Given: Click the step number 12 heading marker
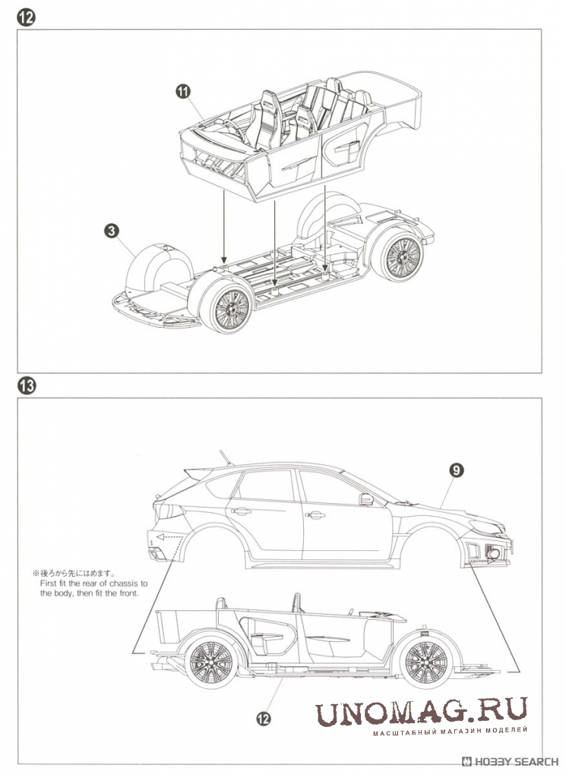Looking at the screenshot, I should point(26,17).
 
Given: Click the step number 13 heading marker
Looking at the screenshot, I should point(26,385).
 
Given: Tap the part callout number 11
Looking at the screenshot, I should point(182,92).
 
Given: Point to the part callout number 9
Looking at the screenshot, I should point(455,471).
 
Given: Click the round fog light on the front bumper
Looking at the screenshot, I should point(495,555).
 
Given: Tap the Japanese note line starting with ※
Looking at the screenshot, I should point(73,574).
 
